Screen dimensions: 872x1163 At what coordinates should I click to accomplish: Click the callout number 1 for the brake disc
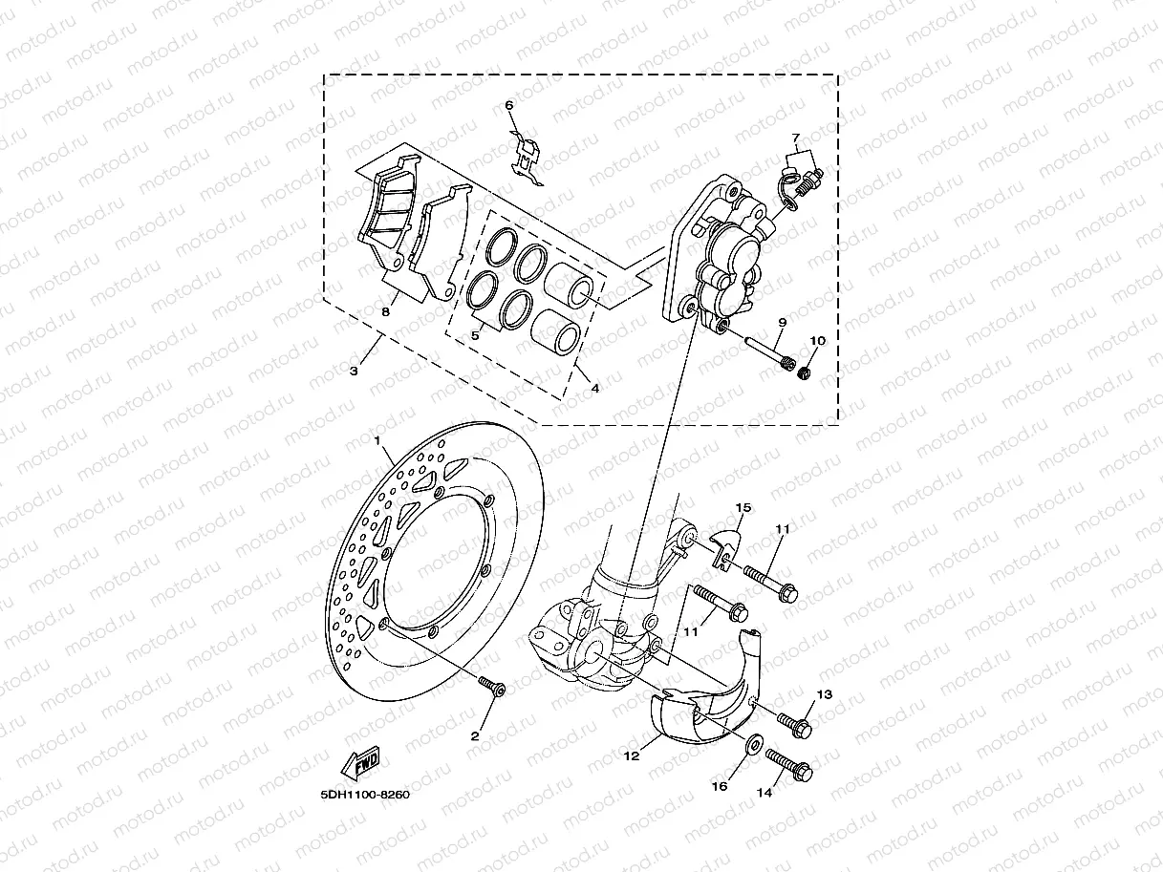tap(378, 440)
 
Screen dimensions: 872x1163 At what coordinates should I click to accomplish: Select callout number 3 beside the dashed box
tap(354, 371)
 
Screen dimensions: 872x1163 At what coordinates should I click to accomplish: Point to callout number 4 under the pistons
tap(594, 389)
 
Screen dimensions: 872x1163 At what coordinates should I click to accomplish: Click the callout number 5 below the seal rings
tap(474, 336)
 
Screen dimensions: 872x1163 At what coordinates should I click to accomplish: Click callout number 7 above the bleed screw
tap(794, 139)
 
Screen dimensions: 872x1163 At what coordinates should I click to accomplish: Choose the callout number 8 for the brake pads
tap(386, 311)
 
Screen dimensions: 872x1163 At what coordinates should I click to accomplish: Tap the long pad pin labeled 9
tap(764, 352)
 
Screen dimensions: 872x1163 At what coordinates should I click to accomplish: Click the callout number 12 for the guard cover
tap(632, 755)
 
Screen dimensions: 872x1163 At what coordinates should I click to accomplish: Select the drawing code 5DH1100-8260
tap(365, 794)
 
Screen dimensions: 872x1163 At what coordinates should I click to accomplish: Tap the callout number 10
tap(818, 341)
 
